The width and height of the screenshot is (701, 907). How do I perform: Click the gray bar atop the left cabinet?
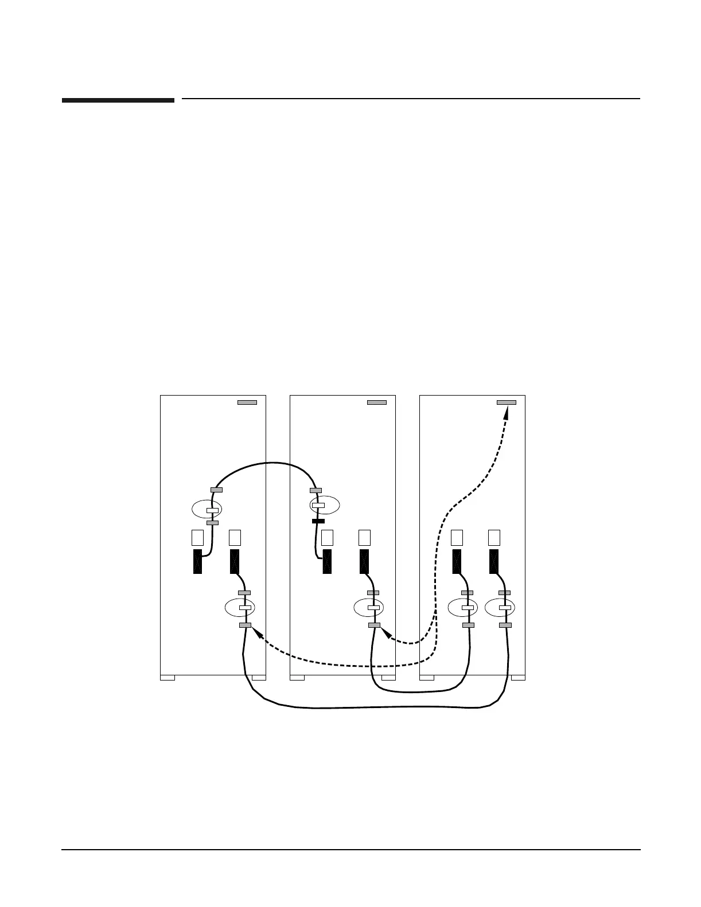click(x=247, y=402)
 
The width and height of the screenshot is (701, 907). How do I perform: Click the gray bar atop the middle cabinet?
click(x=377, y=402)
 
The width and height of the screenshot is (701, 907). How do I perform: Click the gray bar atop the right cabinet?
click(x=507, y=402)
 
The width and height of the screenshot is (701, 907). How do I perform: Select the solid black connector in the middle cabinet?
click(x=318, y=521)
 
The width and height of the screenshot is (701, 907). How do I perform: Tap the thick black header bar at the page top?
click(x=118, y=100)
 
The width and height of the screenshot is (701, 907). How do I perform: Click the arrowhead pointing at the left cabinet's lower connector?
click(x=256, y=632)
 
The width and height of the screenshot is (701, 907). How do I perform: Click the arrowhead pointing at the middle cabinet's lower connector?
click(x=385, y=632)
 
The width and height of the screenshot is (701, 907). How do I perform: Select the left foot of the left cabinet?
click(x=168, y=678)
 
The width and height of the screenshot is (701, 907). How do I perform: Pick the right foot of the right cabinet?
click(x=518, y=678)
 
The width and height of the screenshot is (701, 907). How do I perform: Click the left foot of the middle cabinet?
click(x=297, y=678)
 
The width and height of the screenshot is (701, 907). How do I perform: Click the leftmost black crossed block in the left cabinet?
click(x=197, y=561)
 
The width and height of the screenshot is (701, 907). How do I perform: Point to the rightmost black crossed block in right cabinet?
click(x=494, y=561)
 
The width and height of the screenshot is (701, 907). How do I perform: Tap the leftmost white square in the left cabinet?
click(x=197, y=538)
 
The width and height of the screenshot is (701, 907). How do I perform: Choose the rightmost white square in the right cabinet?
click(x=494, y=538)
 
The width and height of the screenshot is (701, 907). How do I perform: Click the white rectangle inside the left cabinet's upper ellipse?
click(x=213, y=510)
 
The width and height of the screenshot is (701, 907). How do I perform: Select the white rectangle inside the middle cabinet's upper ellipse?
click(x=318, y=505)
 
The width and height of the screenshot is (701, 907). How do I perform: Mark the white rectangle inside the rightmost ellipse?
click(x=505, y=608)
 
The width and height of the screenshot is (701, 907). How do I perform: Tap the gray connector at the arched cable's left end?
click(x=217, y=490)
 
